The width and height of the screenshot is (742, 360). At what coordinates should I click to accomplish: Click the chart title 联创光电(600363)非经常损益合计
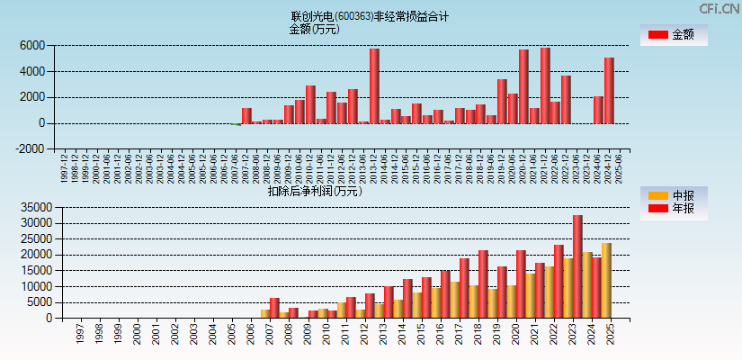click(x=370, y=16)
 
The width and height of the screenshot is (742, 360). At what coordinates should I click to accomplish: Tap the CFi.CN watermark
click(x=720, y=8)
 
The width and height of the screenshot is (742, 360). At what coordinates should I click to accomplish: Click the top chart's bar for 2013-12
click(x=374, y=85)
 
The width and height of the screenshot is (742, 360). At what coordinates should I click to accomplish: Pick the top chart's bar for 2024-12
click(x=609, y=90)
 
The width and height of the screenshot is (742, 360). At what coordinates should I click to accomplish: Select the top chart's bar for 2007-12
click(x=246, y=115)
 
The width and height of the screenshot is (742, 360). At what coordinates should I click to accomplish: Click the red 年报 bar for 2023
click(x=577, y=266)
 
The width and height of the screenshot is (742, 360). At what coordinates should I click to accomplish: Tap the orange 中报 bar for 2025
click(x=606, y=280)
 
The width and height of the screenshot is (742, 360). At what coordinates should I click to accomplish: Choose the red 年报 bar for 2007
click(x=274, y=308)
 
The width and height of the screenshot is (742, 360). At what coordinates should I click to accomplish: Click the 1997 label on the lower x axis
click(x=79, y=334)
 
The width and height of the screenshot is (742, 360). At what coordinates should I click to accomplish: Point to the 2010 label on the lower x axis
click(x=326, y=334)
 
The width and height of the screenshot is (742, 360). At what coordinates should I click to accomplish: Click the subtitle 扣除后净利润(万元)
click(x=314, y=191)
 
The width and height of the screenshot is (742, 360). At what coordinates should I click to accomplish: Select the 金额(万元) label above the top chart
click(x=314, y=29)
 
